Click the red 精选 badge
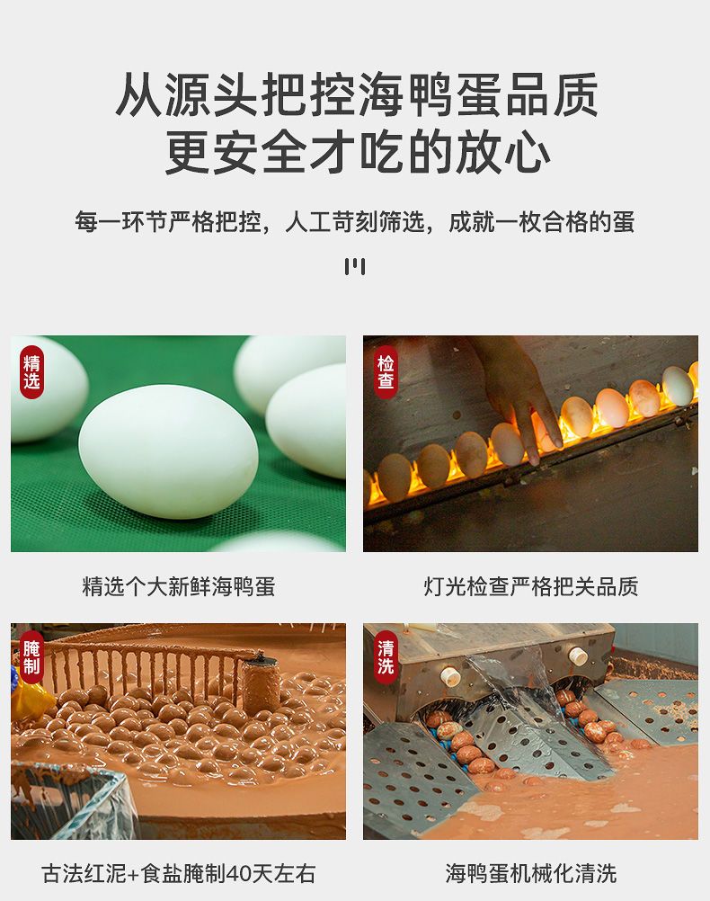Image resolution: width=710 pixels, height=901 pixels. pyautogui.click(x=31, y=372)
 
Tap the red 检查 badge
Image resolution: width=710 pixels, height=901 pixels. pyautogui.click(x=385, y=372)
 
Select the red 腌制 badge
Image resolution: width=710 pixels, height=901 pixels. pyautogui.click(x=31, y=657)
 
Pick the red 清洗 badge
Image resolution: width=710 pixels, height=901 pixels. pyautogui.click(x=385, y=657)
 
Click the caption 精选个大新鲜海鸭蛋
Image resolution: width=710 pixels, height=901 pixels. pyautogui.click(x=179, y=586)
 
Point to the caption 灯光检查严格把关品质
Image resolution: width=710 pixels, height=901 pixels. pyautogui.click(x=531, y=586)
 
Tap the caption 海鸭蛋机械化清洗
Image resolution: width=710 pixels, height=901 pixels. pyautogui.click(x=531, y=873)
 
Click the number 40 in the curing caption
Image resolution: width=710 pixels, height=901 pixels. pyautogui.click(x=239, y=874)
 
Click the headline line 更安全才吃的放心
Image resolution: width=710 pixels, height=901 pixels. pyautogui.click(x=358, y=152)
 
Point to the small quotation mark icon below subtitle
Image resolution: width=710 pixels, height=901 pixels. pyautogui.click(x=355, y=267)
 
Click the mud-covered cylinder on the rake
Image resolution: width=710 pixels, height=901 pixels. pyautogui.click(x=260, y=683)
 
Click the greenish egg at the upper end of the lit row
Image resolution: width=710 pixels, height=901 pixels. pyautogui.click(x=678, y=386)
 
